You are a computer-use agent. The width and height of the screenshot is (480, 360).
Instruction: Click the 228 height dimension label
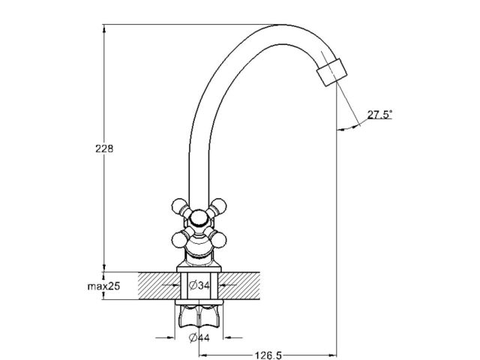105,149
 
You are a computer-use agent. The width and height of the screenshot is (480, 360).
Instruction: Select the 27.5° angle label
380,115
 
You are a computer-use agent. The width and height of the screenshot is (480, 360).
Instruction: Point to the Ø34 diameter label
199,286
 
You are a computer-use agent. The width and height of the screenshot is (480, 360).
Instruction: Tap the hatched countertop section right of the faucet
247,286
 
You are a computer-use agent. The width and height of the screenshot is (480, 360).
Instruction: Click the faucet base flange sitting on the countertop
199,267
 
